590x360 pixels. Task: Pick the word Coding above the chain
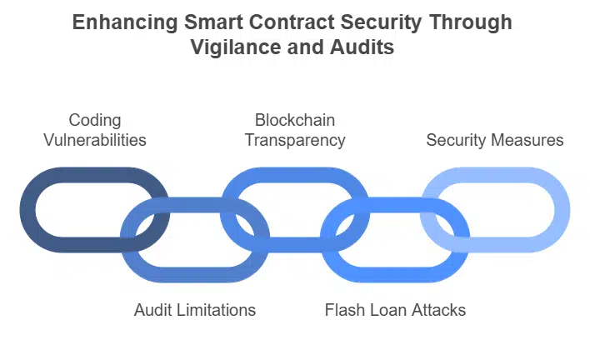[x=94, y=121]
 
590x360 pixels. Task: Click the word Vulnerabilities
[x=94, y=140]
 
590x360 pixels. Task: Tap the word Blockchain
[x=295, y=121]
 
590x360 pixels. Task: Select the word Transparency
[x=295, y=140]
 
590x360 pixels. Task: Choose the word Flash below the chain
[x=343, y=310]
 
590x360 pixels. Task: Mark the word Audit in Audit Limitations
[x=152, y=310]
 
